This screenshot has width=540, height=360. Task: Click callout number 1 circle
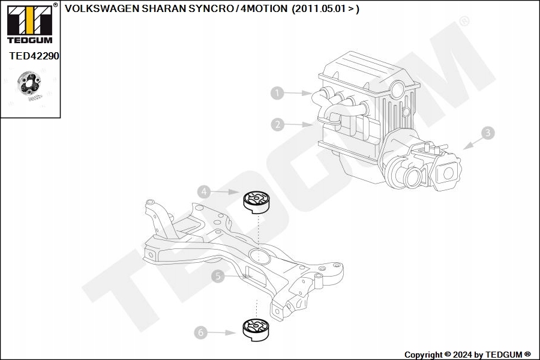click(277, 93)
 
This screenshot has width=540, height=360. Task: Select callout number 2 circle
click(277, 125)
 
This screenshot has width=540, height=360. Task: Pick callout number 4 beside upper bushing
click(205, 191)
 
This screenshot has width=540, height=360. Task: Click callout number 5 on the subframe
click(217, 276)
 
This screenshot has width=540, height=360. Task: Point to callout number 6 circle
click(201, 331)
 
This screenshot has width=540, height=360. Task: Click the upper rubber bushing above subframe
click(256, 202)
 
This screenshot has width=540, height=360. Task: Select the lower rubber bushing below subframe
click(256, 330)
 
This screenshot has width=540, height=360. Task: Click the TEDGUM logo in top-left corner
click(29, 23)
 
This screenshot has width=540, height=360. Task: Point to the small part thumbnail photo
click(29, 87)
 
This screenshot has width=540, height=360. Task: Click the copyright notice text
click(467, 355)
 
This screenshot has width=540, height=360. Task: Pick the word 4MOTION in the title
click(264, 10)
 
